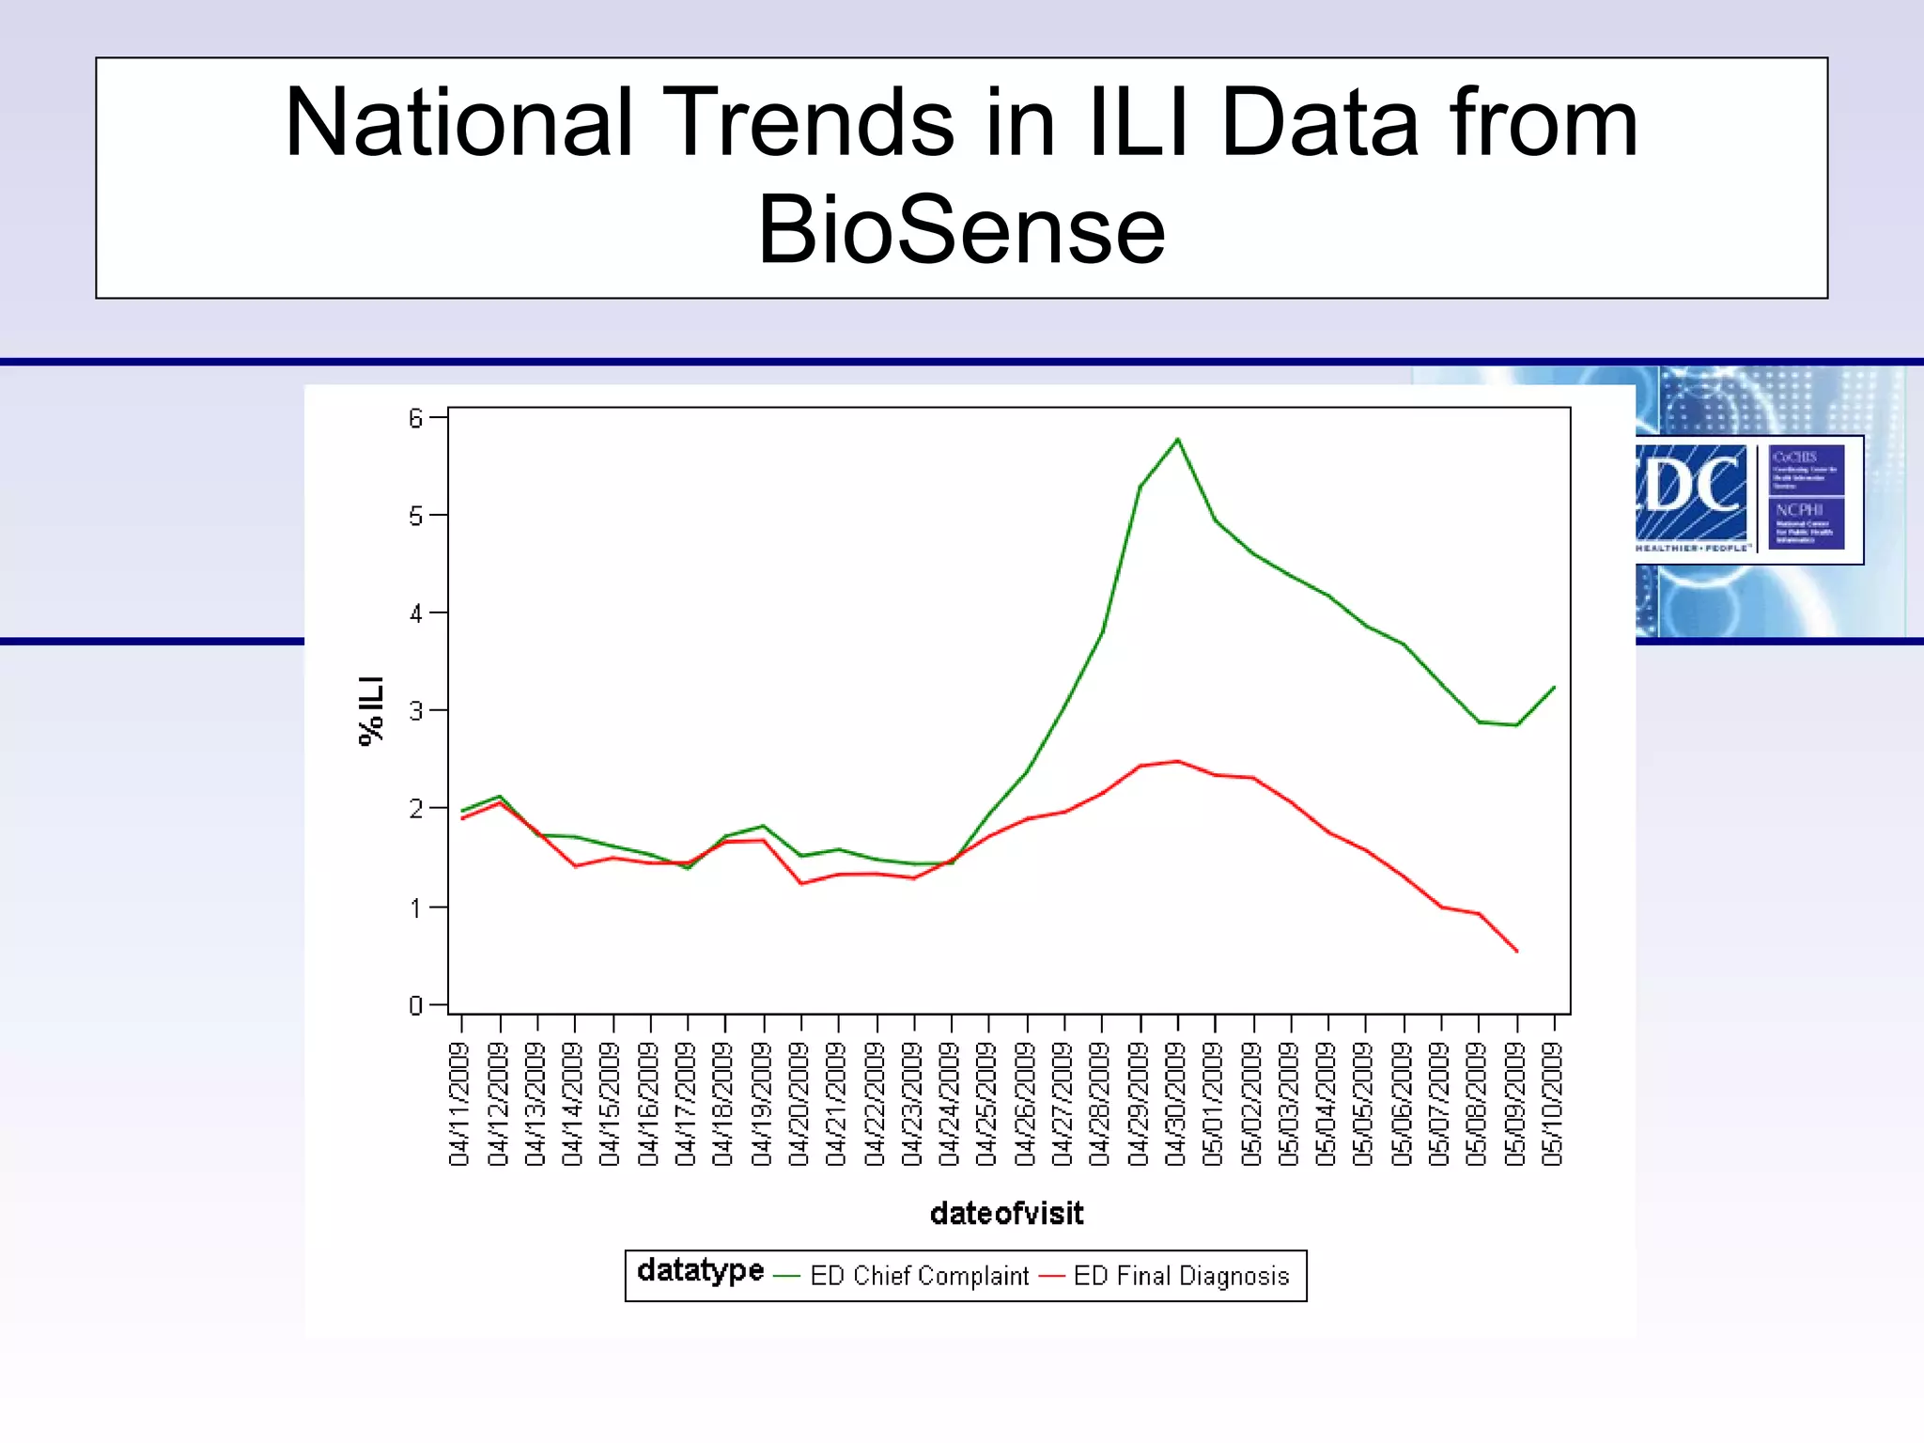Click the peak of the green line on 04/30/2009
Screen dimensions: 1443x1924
pos(1177,439)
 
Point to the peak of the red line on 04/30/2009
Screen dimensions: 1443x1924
pos(1177,761)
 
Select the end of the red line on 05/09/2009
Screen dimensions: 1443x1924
pos(1516,951)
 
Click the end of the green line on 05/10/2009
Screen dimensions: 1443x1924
pos(1554,688)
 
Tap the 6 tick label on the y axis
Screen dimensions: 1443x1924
pos(415,418)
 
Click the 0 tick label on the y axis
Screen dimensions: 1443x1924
pos(415,1006)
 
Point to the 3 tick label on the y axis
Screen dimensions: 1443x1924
pos(415,711)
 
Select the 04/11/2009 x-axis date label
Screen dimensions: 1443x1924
pos(459,1104)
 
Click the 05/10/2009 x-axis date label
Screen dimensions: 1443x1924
pos(1554,1104)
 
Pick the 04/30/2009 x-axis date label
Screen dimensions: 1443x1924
pos(1176,1104)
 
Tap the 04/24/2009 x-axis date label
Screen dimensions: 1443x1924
pos(950,1104)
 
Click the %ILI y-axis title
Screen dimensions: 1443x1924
pos(372,710)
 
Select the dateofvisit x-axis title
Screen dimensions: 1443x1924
pos(1006,1214)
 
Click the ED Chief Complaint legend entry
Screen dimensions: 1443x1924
pos(919,1276)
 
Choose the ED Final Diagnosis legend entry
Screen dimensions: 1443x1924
pos(1180,1276)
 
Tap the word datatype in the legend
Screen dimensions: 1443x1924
pos(700,1271)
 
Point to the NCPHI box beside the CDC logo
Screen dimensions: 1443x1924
pos(1806,522)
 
